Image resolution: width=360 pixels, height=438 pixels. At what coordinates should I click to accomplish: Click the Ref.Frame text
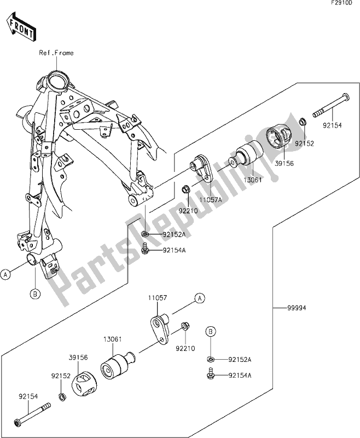pos(55,53)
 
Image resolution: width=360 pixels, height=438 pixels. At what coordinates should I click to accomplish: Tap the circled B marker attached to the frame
pos(34,294)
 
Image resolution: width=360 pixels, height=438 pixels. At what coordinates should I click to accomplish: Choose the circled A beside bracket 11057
pos(199,298)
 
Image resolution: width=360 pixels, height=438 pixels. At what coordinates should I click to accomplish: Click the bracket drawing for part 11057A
pos(203,169)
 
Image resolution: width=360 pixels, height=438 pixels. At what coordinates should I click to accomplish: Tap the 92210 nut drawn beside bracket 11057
pos(185,327)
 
